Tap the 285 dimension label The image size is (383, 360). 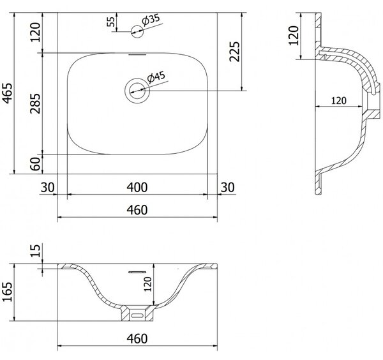[x=35, y=103]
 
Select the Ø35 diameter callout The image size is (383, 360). [x=151, y=20]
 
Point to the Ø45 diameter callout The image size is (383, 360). [x=156, y=77]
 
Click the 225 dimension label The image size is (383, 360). [x=235, y=52]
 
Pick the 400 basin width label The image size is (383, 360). [x=137, y=188]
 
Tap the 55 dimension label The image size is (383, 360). [x=111, y=22]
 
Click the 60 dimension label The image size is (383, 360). [x=35, y=164]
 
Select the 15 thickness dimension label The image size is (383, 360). [x=35, y=251]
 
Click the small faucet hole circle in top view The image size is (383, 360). [x=137, y=31]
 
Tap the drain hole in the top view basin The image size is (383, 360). [x=137, y=91]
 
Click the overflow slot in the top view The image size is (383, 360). [x=137, y=55]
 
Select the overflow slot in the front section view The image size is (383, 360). [x=137, y=272]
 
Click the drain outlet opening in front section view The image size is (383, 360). [x=137, y=315]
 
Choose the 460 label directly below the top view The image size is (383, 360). [x=137, y=210]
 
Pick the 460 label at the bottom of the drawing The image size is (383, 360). [x=137, y=339]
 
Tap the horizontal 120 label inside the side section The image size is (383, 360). [x=339, y=101]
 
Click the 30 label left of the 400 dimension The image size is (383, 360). [x=47, y=188]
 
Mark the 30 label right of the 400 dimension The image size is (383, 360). [x=228, y=188]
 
